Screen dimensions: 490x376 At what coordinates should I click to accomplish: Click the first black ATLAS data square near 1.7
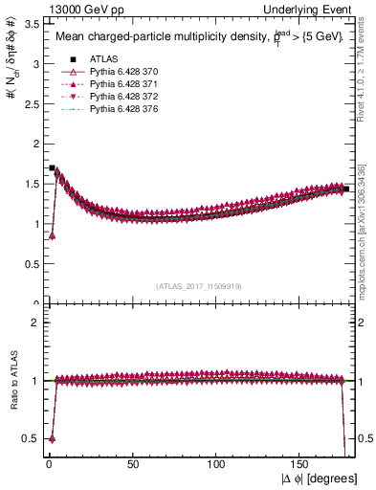click(52, 168)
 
